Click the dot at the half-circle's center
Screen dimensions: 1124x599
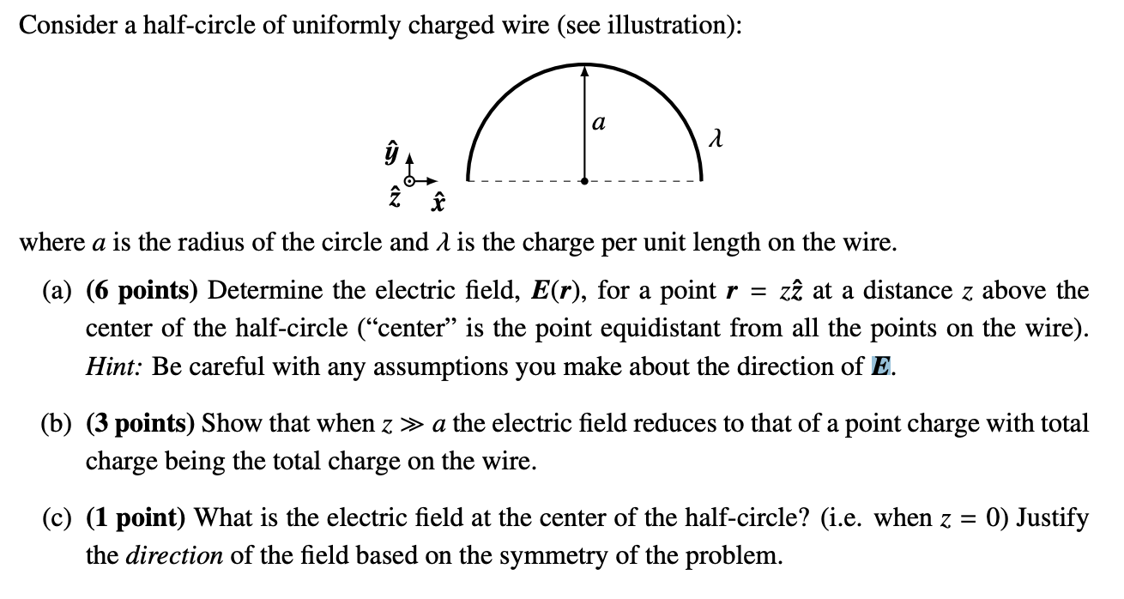[584, 181]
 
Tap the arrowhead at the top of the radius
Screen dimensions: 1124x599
[584, 71]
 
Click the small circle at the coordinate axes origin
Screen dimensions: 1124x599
[409, 182]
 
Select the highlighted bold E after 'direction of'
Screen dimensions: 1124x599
[879, 366]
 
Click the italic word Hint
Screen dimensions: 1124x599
[114, 366]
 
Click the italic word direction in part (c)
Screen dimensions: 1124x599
[175, 557]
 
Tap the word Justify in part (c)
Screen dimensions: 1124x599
[1053, 518]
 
